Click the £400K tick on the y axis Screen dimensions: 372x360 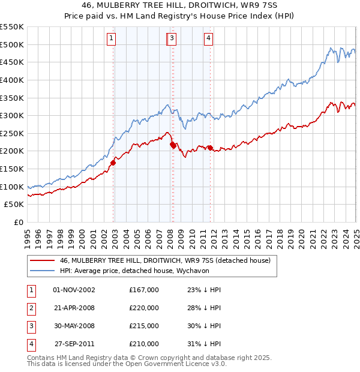[11, 80]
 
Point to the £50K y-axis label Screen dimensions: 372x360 [14, 205]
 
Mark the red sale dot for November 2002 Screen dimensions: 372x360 [113, 162]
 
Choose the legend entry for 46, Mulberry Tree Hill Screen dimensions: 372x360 [166, 260]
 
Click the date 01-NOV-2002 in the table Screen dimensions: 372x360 [74, 290]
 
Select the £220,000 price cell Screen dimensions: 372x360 [144, 308]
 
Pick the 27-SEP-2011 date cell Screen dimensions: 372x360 [74, 344]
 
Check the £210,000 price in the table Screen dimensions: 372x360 [144, 344]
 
